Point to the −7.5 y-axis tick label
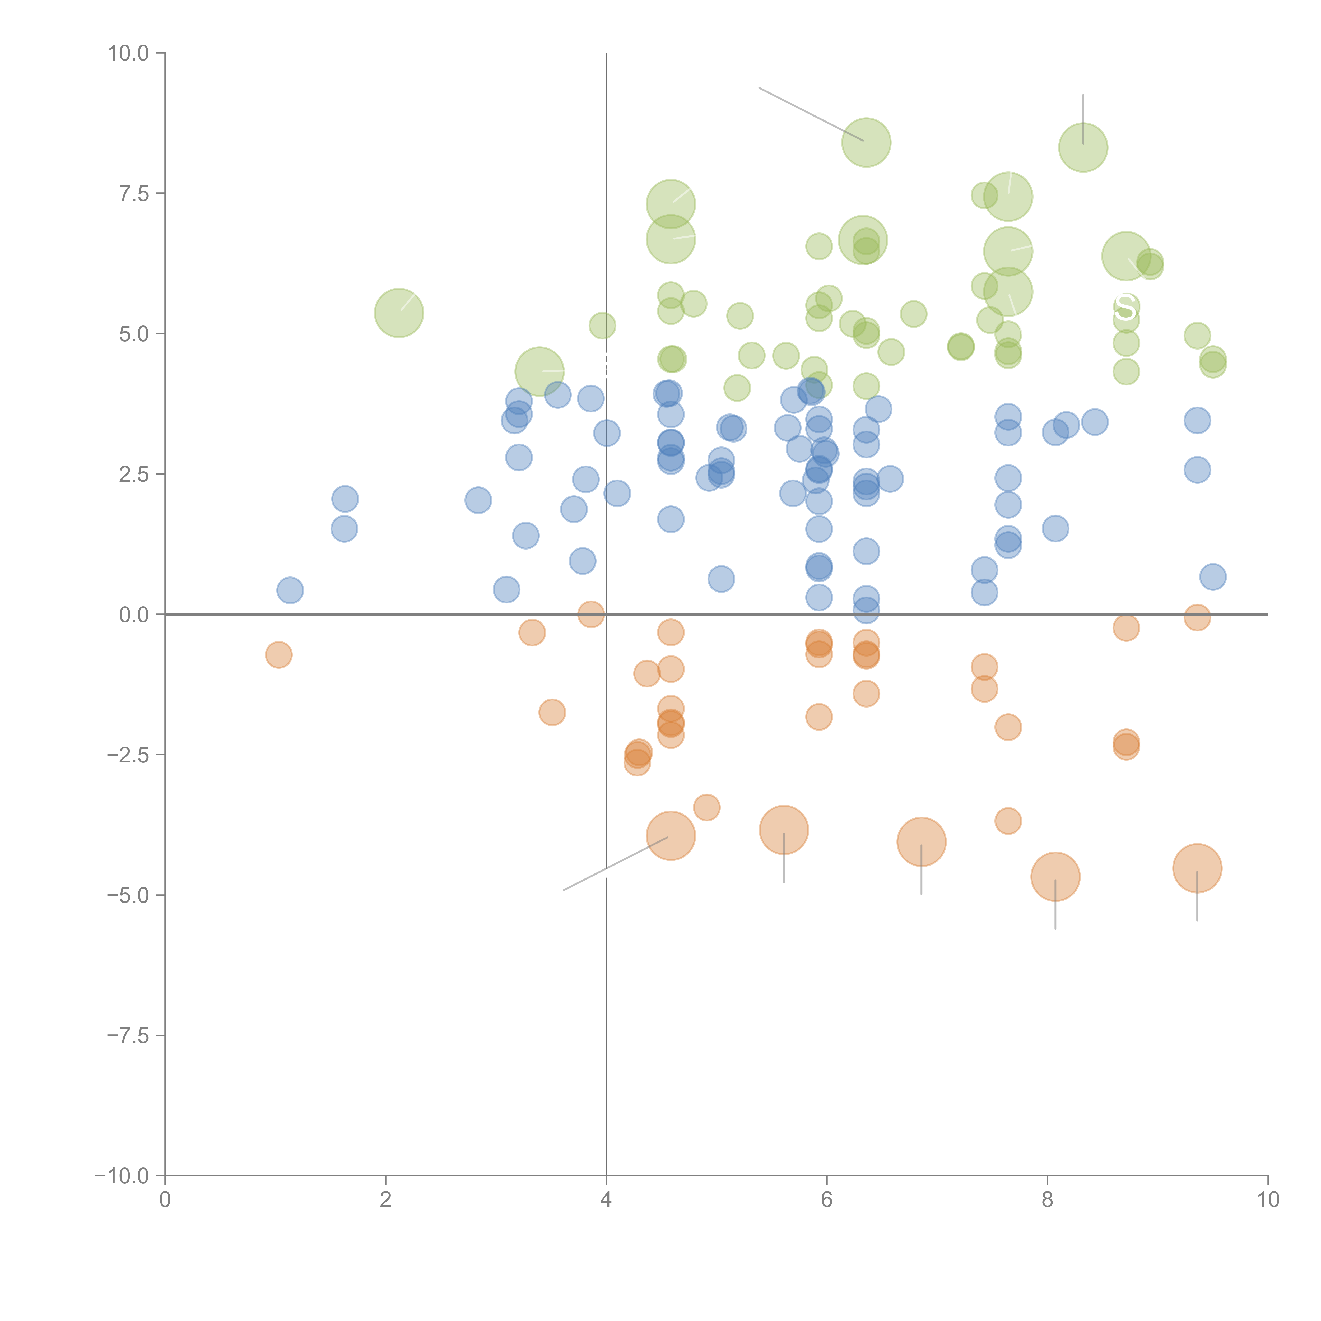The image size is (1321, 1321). pos(128,1035)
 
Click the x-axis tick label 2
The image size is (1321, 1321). pos(386,1200)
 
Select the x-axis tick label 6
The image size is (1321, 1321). pos(827,1200)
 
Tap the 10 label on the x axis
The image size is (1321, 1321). pos(1268,1200)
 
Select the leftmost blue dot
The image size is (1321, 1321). pos(290,590)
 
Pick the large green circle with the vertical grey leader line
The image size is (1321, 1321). pos(1083,147)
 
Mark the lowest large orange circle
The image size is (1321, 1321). pos(1055,877)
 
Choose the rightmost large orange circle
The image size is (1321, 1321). pos(1197,868)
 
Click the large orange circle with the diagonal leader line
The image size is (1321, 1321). pos(671,836)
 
